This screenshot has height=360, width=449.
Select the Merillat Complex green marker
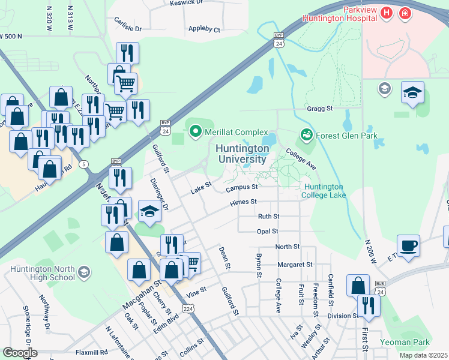point(194,131)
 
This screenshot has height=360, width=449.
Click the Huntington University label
point(242,154)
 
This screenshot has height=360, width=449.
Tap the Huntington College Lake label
point(324,191)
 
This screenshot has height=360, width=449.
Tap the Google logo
point(20,352)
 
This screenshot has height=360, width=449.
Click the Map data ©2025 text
point(423,355)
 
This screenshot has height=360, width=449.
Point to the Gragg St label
point(321,109)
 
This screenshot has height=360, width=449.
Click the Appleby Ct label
point(205,28)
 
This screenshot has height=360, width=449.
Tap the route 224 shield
point(188,308)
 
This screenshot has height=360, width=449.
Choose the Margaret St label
point(295,264)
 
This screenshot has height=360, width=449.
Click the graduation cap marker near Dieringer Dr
point(149,212)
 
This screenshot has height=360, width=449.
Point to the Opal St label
point(267,231)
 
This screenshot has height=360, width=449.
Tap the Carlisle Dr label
point(127,28)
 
